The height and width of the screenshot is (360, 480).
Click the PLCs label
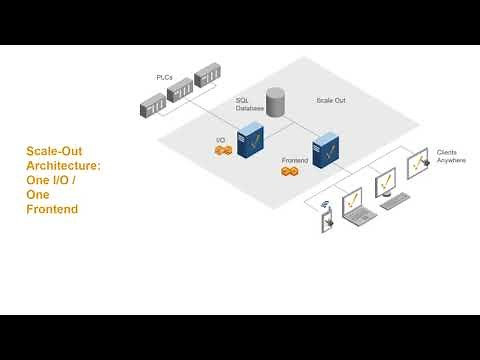pos(166,76)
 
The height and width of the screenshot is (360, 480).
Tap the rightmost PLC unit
pos(207,78)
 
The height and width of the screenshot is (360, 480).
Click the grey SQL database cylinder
pos(274,99)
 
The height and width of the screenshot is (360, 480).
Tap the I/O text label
pos(221,140)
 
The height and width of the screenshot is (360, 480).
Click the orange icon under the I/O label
pos(223,150)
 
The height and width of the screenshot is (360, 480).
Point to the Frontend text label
pos(295,159)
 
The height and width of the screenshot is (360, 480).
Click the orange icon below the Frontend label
pos(290,172)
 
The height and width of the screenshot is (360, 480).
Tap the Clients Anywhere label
pos(451,156)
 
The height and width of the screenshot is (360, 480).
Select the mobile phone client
pos(326,221)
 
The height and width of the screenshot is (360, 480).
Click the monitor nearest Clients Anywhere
pos(419,165)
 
